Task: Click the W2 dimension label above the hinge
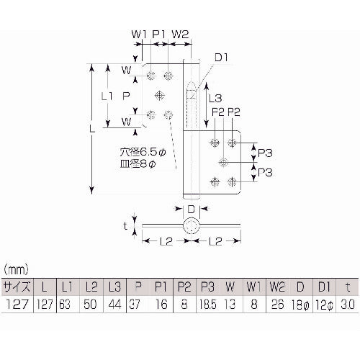181,34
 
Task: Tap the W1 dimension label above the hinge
138,34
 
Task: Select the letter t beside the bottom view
127,225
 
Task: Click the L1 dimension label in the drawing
107,94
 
